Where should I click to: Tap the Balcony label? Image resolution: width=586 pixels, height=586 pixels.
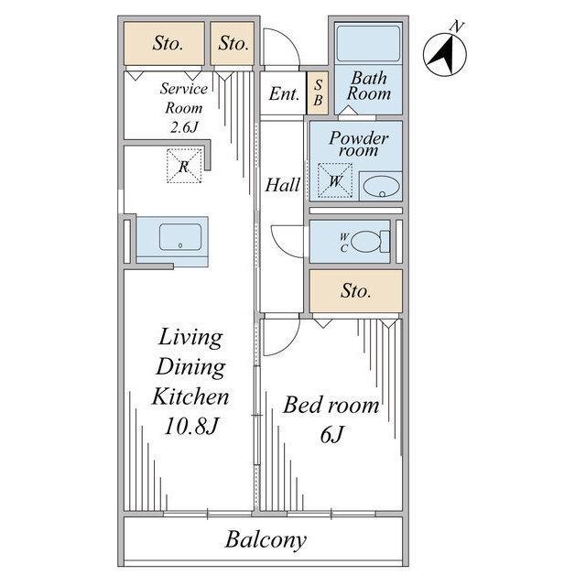click(266, 539)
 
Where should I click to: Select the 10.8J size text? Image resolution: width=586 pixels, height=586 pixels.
click(191, 426)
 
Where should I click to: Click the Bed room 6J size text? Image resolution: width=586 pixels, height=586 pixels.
click(331, 434)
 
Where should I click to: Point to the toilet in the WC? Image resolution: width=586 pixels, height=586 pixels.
click(370, 242)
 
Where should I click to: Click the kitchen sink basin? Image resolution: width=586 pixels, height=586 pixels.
click(180, 236)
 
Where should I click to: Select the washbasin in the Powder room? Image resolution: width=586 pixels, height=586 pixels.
click(382, 186)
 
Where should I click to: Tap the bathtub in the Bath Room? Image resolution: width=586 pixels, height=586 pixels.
click(368, 43)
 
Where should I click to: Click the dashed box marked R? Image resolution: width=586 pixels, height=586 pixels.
click(184, 166)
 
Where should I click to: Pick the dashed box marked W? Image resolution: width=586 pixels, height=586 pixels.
click(335, 180)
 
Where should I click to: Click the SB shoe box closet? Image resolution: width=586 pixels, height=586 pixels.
click(318, 93)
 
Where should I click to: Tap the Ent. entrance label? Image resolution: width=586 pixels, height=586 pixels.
click(284, 93)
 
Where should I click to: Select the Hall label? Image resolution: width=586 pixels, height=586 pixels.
click(283, 185)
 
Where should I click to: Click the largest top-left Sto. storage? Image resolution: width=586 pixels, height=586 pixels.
click(164, 43)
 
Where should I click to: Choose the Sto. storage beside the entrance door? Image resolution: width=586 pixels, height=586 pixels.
click(232, 43)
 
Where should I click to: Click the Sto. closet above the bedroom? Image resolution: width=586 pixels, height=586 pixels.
click(356, 291)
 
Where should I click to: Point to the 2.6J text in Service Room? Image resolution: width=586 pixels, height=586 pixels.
click(184, 127)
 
